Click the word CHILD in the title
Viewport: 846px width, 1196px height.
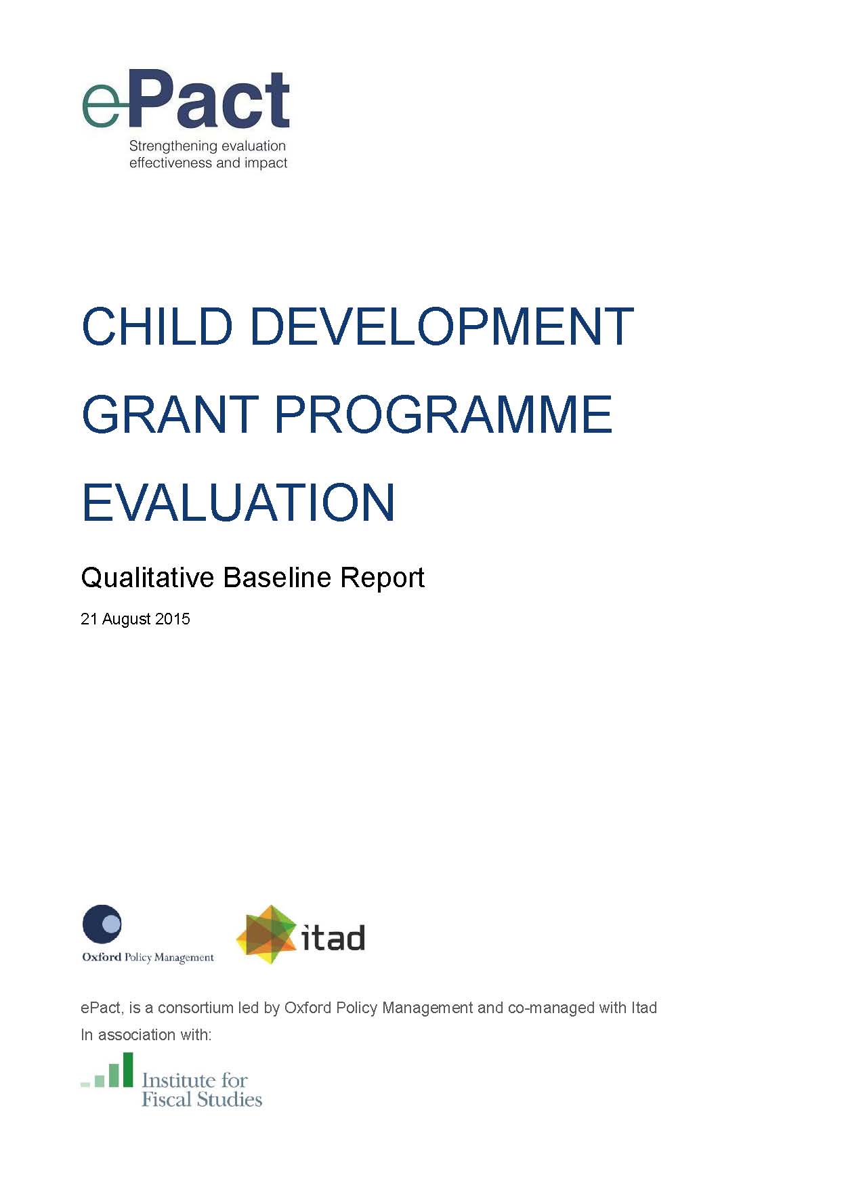click(x=156, y=326)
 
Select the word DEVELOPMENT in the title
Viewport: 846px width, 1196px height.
click(x=442, y=326)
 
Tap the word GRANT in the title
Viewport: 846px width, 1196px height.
click(x=169, y=414)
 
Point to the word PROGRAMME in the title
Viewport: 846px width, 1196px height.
click(x=443, y=414)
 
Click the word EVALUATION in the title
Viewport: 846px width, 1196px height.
click(x=238, y=503)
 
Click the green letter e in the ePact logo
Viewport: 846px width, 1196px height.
click(x=100, y=106)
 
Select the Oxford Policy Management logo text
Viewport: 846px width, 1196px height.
click(x=148, y=958)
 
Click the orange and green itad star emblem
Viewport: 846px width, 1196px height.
click(x=267, y=935)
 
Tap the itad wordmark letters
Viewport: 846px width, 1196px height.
click(x=333, y=939)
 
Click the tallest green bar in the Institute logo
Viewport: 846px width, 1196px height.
click(x=127, y=1069)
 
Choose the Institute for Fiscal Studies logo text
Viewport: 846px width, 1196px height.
click(x=201, y=1090)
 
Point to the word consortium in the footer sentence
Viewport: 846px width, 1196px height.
click(x=196, y=1008)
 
